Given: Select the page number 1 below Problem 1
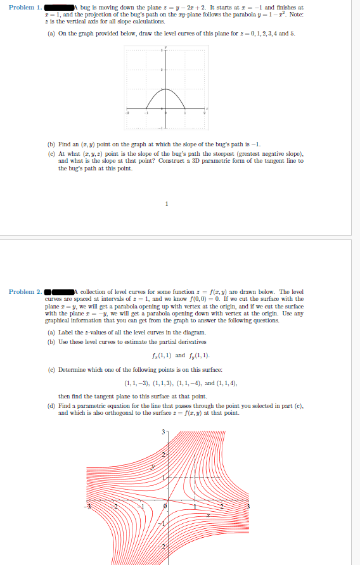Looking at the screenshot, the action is coord(166,204).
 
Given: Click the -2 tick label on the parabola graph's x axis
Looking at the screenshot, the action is coord(125,113).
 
